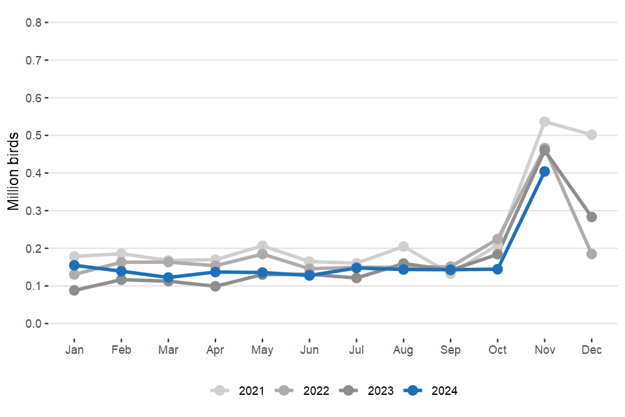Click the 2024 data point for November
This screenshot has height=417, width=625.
(x=545, y=171)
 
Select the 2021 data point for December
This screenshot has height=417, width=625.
(x=592, y=135)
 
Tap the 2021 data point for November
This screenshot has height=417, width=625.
(x=545, y=122)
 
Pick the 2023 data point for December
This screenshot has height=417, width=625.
(x=592, y=217)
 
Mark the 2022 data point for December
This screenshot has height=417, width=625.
(x=592, y=254)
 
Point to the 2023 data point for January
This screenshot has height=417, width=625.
(x=74, y=291)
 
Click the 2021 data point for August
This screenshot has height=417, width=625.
(x=404, y=246)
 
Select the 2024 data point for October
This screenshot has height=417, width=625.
(x=498, y=269)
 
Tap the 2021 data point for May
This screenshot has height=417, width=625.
(x=262, y=246)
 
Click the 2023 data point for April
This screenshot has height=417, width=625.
(x=215, y=286)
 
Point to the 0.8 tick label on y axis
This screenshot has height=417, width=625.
(x=34, y=23)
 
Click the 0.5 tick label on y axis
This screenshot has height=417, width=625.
(x=34, y=136)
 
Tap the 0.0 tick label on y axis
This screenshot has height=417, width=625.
(x=34, y=324)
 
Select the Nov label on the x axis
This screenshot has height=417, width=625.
(x=545, y=350)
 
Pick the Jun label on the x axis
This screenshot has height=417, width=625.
(x=309, y=350)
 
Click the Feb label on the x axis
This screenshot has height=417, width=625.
(x=121, y=350)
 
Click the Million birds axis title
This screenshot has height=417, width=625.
(x=14, y=173)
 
